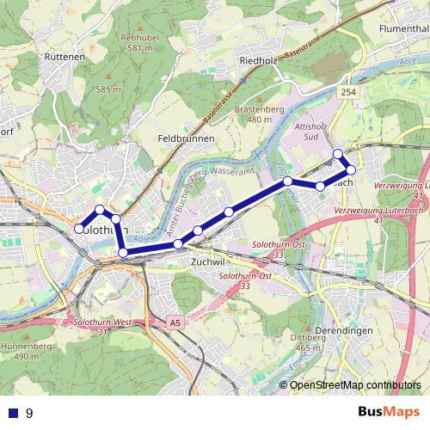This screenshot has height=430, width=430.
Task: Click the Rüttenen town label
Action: (x=64, y=58)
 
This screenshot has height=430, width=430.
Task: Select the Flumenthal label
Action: (x=403, y=28)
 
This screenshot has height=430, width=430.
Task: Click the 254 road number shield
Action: (x=347, y=91)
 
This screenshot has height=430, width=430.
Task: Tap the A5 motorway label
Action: (x=175, y=322)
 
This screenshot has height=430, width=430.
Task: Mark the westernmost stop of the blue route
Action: (x=79, y=229)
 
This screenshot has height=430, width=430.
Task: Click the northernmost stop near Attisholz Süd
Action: (x=338, y=154)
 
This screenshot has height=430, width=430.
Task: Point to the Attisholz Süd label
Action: (x=307, y=132)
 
